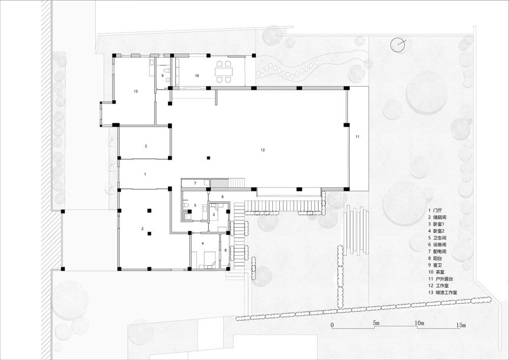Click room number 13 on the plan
[136, 91]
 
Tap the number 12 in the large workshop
[263, 150]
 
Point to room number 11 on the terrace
[357, 136]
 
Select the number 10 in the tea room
[196, 76]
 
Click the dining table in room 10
[223, 71]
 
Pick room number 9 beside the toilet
[163, 76]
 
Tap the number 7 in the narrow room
[195, 183]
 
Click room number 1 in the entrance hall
[145, 174]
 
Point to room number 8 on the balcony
[225, 251]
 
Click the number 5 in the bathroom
[195, 205]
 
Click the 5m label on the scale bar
[376, 323]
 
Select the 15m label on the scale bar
[461, 325]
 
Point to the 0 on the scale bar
[332, 325]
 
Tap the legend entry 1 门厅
[435, 210]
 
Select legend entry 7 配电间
[437, 252]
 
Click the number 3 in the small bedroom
[214, 214]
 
